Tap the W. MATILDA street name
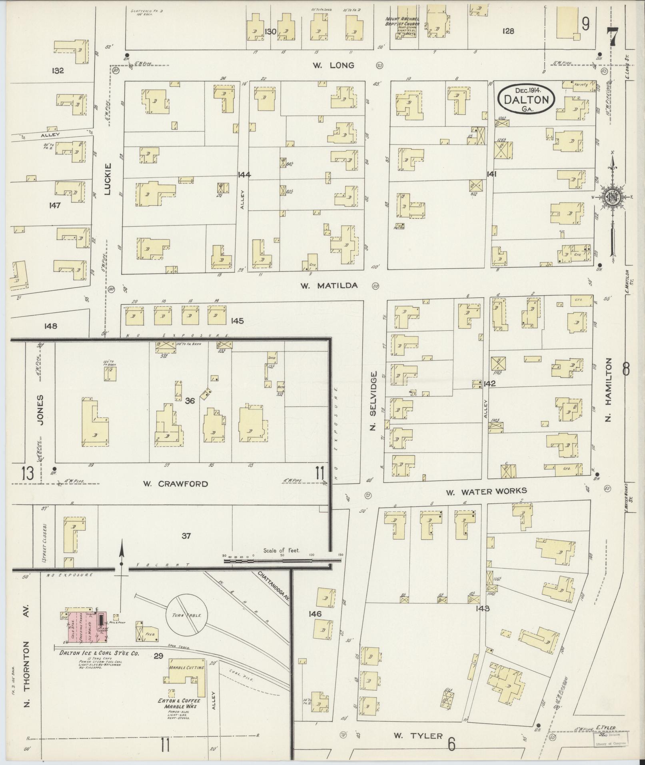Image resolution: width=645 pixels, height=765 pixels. coord(329,286)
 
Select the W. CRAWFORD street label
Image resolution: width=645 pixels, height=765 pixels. coord(176,484)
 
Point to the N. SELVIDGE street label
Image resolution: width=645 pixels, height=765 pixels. coord(373,401)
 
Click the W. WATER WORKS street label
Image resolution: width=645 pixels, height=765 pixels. coord(486,491)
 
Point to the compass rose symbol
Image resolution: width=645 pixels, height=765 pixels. coord(612,196)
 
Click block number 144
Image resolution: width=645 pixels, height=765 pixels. coord(244,174)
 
